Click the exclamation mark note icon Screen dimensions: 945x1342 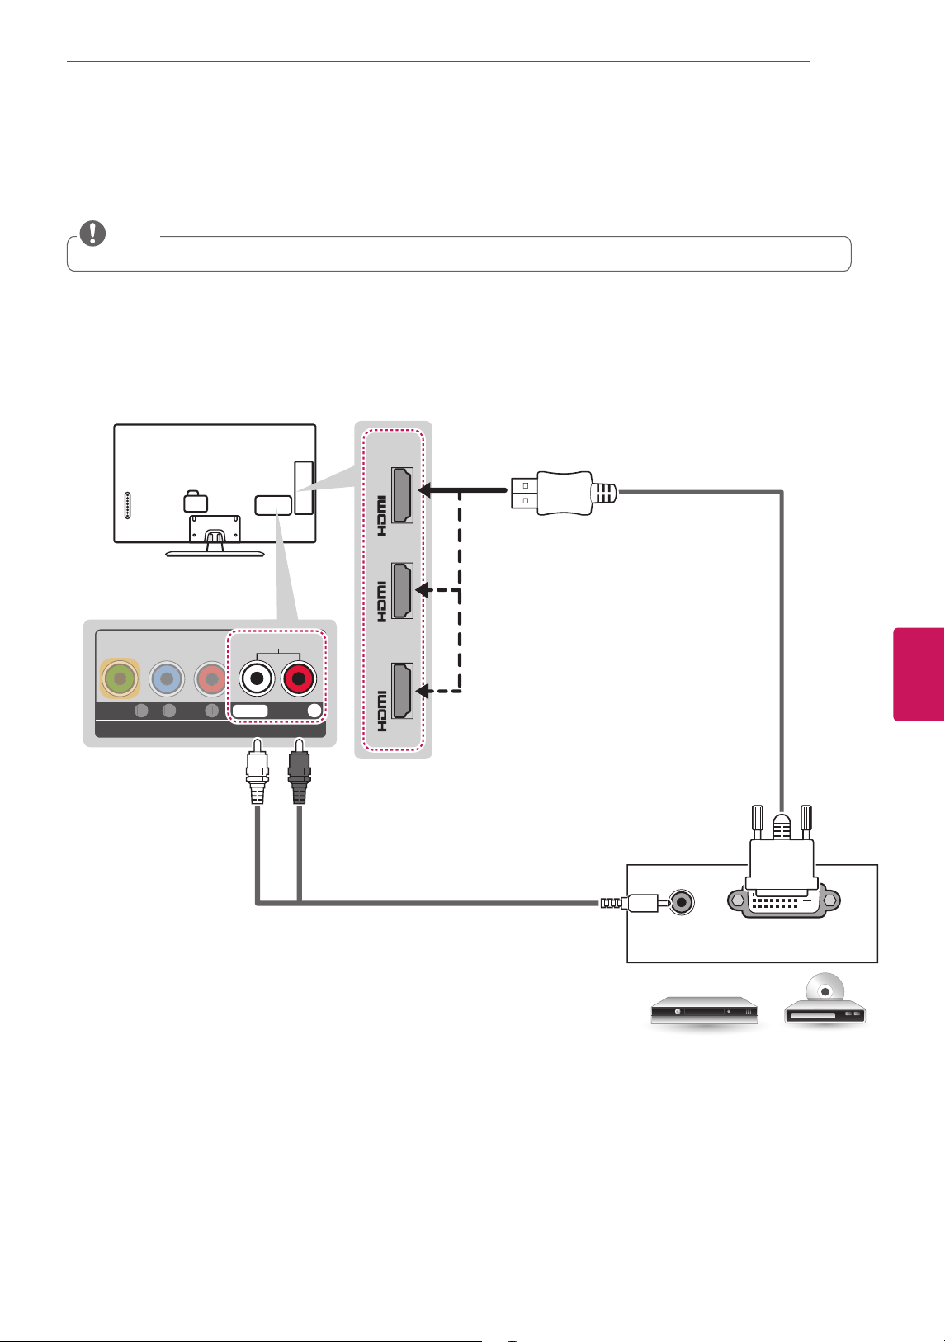pos(93,233)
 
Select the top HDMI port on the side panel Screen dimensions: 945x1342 pos(402,495)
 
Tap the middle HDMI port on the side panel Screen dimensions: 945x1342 pos(402,590)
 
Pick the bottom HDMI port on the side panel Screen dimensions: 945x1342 pos(402,690)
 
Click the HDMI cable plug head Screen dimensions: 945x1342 pos(563,493)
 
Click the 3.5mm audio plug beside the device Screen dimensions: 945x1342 pos(636,902)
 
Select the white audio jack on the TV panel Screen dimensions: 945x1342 pos(257,678)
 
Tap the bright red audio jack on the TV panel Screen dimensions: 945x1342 pos(299,678)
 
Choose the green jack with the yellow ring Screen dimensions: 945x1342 pos(120,678)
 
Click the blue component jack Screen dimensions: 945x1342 pos(167,678)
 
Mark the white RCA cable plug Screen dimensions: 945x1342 pos(257,771)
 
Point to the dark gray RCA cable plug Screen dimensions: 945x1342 pos(299,771)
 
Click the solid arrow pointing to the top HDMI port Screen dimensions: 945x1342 pos(462,490)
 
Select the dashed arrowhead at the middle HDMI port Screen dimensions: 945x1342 pos(423,590)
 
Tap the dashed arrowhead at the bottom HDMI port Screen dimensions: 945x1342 pos(423,691)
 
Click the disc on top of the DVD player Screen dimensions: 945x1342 pos(825,988)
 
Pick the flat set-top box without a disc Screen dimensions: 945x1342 pos(704,1012)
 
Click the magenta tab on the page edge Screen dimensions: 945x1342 pos(919,674)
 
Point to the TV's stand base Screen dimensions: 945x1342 pos(215,554)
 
